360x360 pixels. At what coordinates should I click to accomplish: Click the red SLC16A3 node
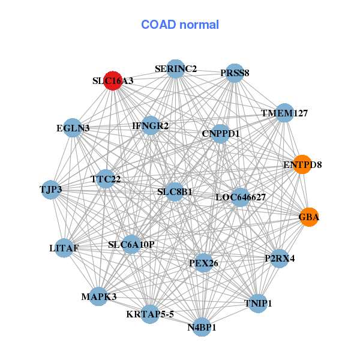tap(113, 80)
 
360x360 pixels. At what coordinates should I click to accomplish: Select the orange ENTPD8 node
tap(302, 164)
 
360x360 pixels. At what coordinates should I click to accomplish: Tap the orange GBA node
tap(309, 217)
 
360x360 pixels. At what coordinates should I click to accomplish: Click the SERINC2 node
tap(175, 69)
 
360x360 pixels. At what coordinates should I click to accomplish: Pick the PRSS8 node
tap(234, 73)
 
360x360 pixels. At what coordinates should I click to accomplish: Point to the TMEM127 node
tap(284, 113)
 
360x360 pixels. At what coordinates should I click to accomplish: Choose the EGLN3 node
tap(73, 128)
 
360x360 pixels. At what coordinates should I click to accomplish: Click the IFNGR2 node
tap(151, 126)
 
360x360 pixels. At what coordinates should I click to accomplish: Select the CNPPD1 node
tap(220, 133)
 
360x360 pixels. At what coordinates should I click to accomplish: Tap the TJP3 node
tap(50, 190)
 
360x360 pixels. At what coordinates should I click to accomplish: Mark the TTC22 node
tap(106, 179)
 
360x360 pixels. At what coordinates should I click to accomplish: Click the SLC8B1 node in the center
tap(175, 192)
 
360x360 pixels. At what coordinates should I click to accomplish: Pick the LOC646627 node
tap(240, 197)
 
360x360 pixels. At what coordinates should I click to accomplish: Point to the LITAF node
tap(64, 247)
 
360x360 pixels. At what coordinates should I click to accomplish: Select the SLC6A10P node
tap(131, 244)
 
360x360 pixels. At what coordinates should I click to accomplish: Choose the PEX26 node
tap(203, 262)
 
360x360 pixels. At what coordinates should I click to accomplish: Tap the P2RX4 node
tap(279, 259)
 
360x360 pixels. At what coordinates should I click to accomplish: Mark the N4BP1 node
tap(202, 328)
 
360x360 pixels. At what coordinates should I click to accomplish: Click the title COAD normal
tap(180, 25)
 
